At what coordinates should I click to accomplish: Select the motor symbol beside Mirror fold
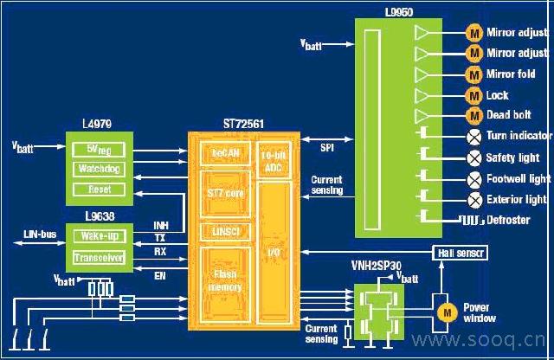click(474, 74)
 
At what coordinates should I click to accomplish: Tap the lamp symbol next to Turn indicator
click(474, 136)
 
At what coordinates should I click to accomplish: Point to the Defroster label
click(510, 220)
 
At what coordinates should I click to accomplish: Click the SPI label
click(327, 148)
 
